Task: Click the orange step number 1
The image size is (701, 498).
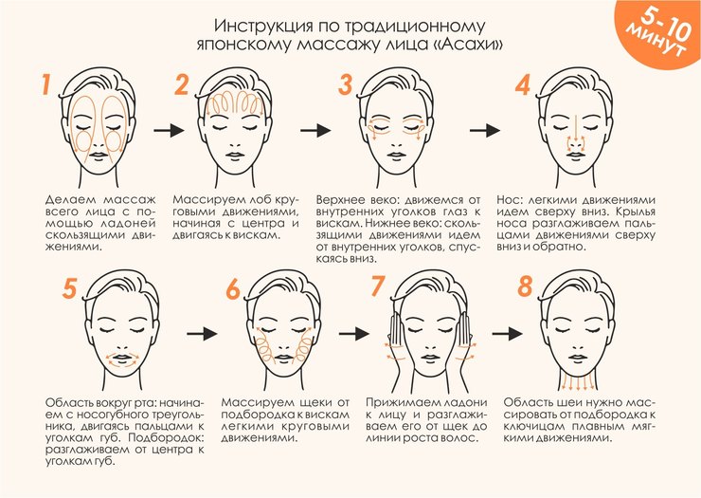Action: click(x=45, y=84)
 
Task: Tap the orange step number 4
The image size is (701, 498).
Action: click(x=523, y=84)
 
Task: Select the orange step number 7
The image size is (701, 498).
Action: click(x=378, y=286)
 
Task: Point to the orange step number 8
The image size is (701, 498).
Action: click(x=526, y=286)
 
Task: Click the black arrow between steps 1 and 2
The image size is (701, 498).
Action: click(x=169, y=130)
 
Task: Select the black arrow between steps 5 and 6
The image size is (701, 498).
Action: click(x=202, y=334)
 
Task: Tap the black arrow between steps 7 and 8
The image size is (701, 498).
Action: click(x=508, y=334)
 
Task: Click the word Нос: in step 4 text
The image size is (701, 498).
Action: click(x=509, y=200)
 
